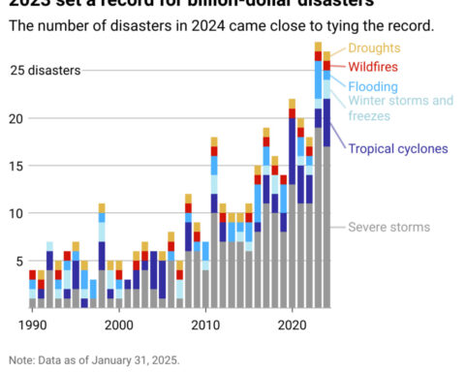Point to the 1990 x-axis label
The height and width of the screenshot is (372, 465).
click(32, 325)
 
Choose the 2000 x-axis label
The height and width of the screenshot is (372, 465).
click(118, 325)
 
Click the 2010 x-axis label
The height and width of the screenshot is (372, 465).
click(204, 325)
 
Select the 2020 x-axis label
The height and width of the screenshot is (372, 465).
click(292, 325)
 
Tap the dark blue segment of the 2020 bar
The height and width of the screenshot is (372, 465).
click(292, 151)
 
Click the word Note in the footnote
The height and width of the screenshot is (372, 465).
click(21, 358)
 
